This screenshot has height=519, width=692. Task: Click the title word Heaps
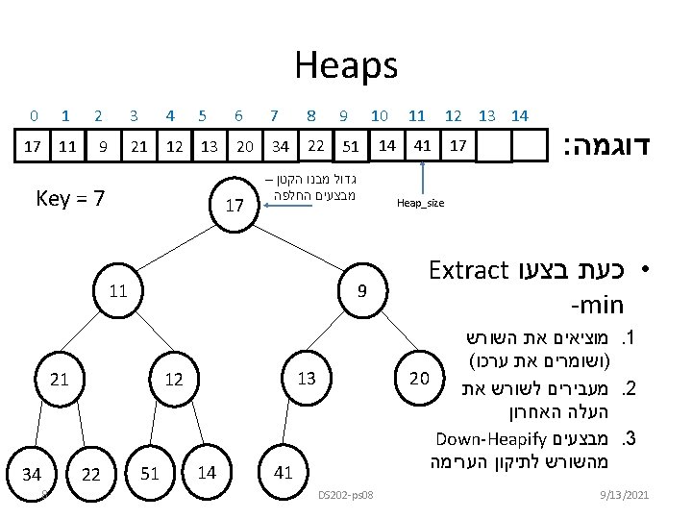(345, 66)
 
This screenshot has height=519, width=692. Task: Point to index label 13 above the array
(487, 116)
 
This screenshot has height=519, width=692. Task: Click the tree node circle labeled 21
(60, 379)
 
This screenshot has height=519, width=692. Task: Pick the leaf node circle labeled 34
(33, 474)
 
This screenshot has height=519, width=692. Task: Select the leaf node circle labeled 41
(284, 473)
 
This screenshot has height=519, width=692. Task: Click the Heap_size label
(420, 204)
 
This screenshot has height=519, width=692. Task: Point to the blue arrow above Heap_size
(421, 177)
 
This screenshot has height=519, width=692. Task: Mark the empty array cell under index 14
(528, 147)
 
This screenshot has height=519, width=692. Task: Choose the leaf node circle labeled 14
(206, 471)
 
